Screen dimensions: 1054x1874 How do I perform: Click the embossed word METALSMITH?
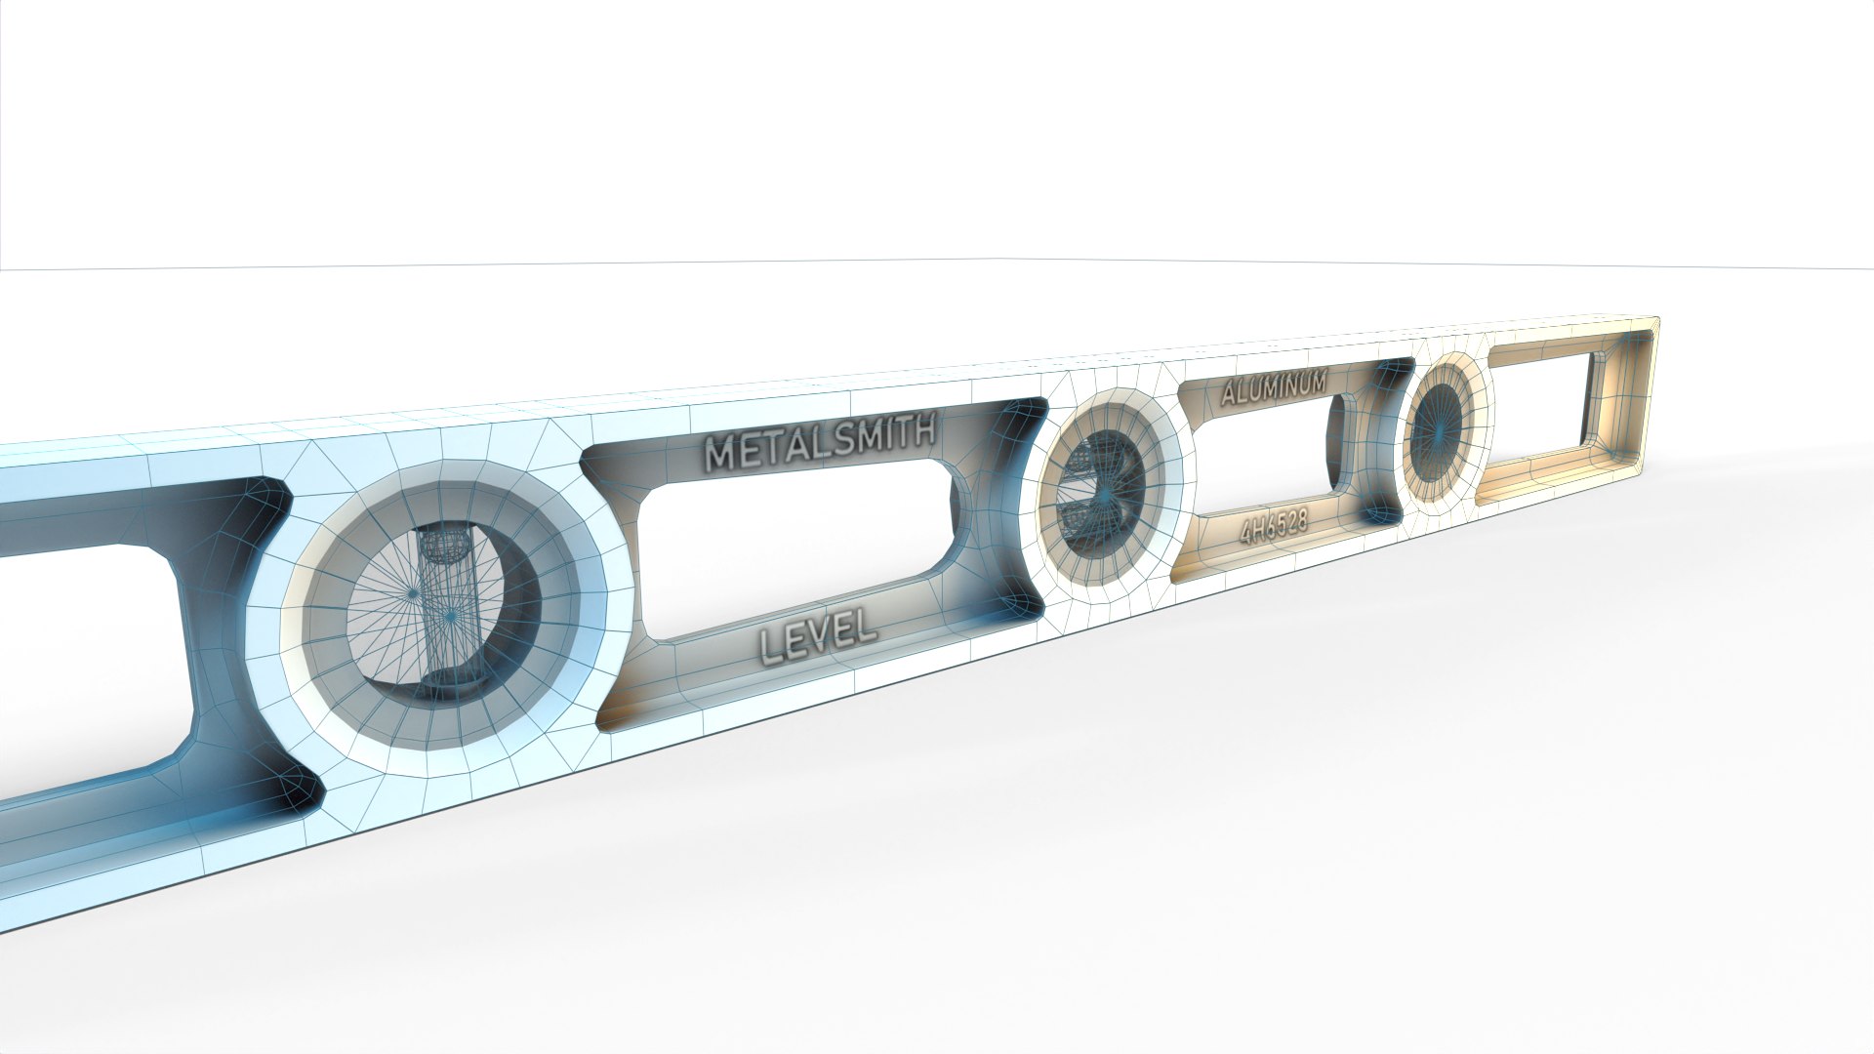tap(821, 446)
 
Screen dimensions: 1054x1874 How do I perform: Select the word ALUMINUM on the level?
tap(1274, 387)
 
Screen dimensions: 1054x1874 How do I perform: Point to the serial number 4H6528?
tap(1273, 528)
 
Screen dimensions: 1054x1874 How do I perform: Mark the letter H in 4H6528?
tap(1258, 530)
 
